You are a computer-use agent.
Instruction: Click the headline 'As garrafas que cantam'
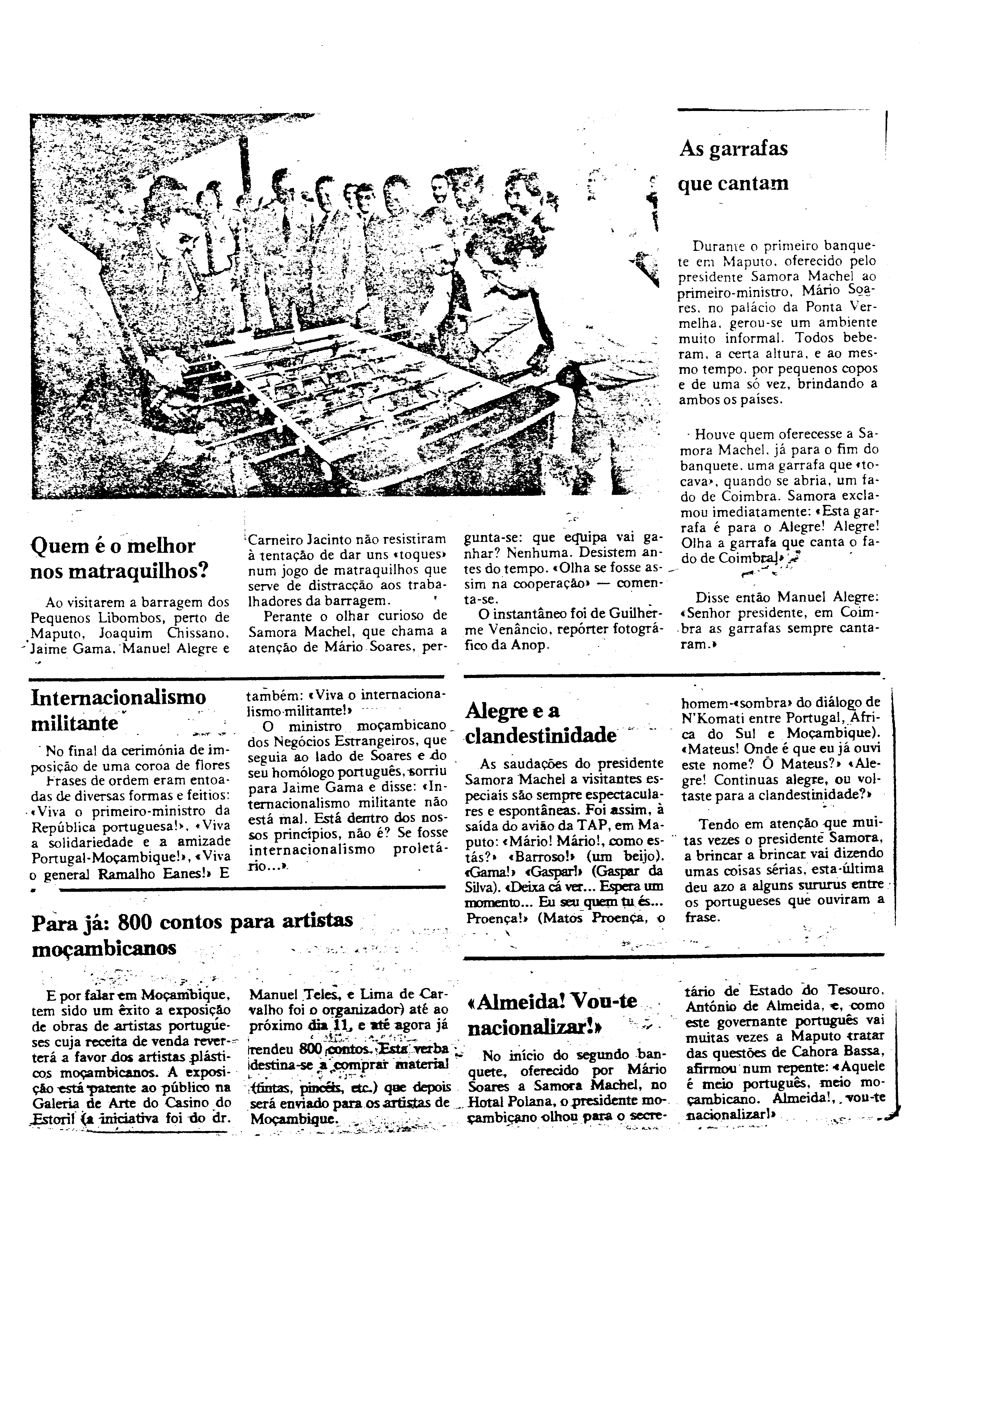coord(733,166)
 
